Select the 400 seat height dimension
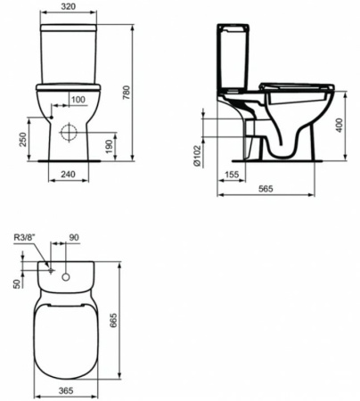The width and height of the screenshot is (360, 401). click(339, 126)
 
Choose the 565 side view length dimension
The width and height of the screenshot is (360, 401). click(266, 190)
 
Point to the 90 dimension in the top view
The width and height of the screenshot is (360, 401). click(74, 239)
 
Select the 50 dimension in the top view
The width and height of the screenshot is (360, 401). click(17, 282)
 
